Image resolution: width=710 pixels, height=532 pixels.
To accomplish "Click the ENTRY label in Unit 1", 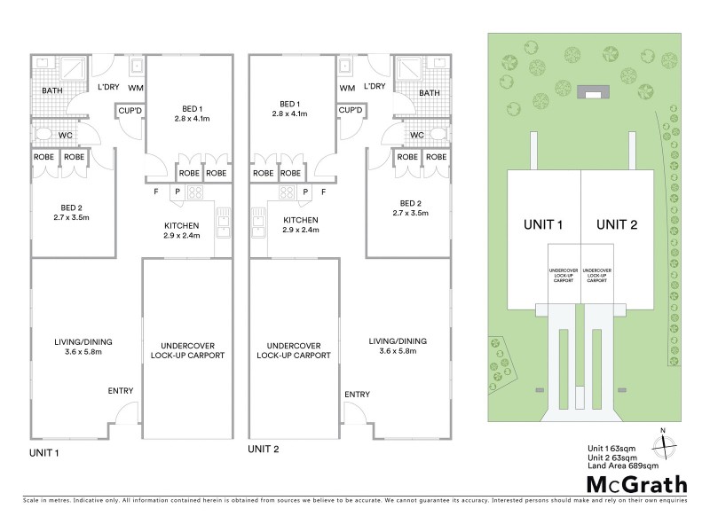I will point(121,391).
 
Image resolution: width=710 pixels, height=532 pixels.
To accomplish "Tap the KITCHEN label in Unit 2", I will point(300,221).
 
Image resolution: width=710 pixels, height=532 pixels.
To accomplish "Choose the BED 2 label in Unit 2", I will point(410,207).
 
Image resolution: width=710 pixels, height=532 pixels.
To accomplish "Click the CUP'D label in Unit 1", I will point(127,111).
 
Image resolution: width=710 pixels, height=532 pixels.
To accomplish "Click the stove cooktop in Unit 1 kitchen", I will point(195,192).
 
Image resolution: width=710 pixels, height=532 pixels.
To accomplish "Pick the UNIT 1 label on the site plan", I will point(544,224).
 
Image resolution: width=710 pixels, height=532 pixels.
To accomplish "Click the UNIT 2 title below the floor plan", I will point(264,450).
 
